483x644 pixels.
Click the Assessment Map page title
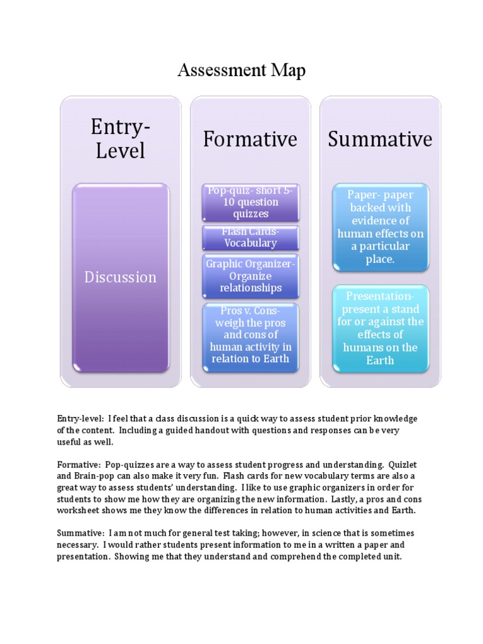point(241,70)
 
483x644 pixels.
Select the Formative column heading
point(250,139)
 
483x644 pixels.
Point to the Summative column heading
point(380,139)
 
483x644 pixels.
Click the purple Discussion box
point(121,277)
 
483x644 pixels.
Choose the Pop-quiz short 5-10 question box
point(250,203)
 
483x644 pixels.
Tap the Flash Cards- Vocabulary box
point(250,238)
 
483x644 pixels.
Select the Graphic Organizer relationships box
point(250,275)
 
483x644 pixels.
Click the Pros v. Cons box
point(250,335)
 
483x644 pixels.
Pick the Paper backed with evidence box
point(380,226)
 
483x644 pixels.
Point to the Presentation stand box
point(380,328)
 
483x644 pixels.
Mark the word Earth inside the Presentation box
point(380,360)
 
